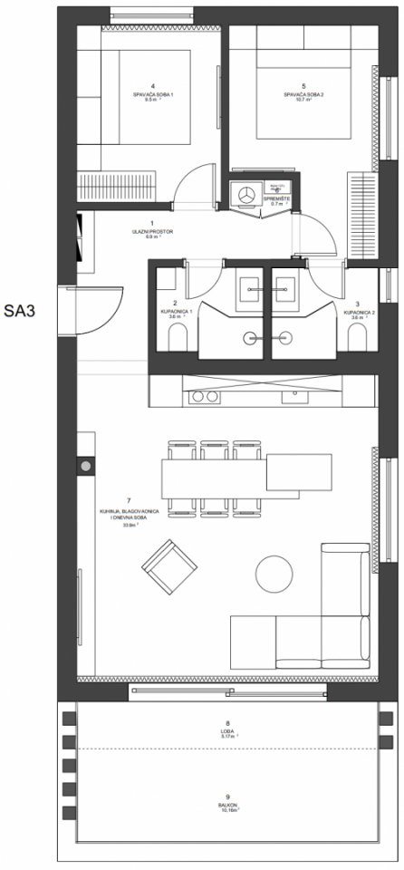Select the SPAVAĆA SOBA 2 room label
point(297,94)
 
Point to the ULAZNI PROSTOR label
point(152,231)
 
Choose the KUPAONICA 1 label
point(175,311)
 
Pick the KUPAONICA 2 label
point(357,311)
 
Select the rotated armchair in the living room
point(169,566)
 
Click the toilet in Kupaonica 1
point(176,339)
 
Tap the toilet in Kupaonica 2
point(357,339)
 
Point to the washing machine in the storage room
point(245,193)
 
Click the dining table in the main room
point(217,473)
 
